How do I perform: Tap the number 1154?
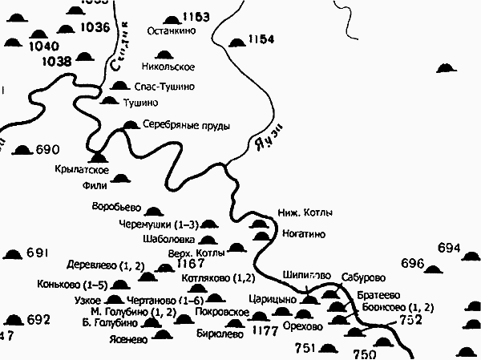pos(261,39)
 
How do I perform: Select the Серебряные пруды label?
pos(186,125)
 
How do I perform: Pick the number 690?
pos(48,149)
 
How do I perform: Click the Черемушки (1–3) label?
pos(156,224)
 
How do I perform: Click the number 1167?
pos(191,263)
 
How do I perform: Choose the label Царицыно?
pos(278,299)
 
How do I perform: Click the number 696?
pos(412,263)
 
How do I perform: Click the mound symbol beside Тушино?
pos(110,101)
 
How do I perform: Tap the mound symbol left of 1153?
pos(171,19)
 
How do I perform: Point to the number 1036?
pos(95,27)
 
